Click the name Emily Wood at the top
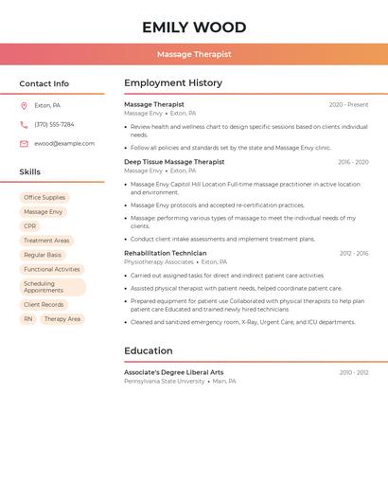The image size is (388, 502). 194,27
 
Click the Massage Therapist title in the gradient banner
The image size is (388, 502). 194,54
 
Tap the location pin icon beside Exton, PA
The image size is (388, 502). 24,105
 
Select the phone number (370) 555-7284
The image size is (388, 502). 54,124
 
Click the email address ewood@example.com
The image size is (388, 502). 64,143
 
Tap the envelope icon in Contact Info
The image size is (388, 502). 24,143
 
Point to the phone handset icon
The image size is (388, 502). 24,124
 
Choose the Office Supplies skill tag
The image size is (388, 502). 44,198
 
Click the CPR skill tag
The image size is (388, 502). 30,226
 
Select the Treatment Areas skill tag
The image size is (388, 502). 46,241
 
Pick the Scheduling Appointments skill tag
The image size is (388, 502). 53,287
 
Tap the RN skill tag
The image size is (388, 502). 28,319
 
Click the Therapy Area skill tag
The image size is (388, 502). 62,319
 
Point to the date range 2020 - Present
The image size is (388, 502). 348,105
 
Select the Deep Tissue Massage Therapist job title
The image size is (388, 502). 174,162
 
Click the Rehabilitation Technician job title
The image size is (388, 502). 165,253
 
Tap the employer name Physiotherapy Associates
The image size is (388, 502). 158,262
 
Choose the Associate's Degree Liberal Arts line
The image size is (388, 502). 173,372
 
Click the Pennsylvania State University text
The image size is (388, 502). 164,382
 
